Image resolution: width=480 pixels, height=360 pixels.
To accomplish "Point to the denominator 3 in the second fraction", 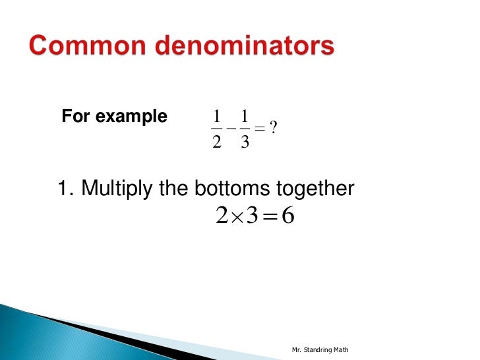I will (245, 140).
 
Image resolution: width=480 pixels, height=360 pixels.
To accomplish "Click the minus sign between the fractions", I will (230, 129).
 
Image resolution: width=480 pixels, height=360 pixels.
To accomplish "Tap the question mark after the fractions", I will (272, 129).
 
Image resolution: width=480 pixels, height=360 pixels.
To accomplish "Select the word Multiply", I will (117, 190).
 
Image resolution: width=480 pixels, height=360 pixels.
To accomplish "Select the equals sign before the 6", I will (270, 215).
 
